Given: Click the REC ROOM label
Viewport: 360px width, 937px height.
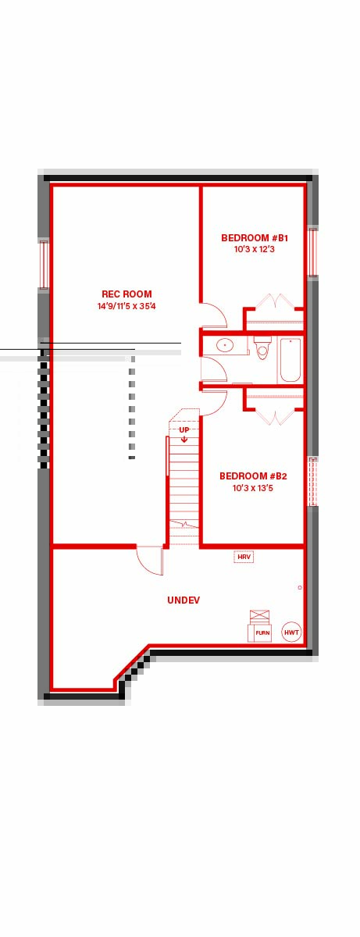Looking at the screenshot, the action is pyautogui.click(x=127, y=294).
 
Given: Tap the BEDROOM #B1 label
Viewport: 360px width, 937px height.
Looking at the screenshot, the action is pyautogui.click(x=255, y=238).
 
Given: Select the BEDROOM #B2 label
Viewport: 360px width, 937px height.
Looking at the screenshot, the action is pyautogui.click(x=253, y=476).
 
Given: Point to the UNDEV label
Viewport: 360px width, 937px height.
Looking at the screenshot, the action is pyautogui.click(x=184, y=600).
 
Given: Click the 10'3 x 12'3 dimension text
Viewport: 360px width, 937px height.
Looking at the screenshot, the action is pyautogui.click(x=255, y=250).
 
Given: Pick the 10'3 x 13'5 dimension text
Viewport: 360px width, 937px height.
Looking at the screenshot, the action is pyautogui.click(x=253, y=488).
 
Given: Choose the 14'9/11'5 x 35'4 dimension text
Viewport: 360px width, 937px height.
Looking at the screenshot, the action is pyautogui.click(x=127, y=306).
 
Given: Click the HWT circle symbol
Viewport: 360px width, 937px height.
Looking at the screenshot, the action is pyautogui.click(x=292, y=632).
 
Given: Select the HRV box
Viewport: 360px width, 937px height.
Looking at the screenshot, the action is pyautogui.click(x=244, y=558).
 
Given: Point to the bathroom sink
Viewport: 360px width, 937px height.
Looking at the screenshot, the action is pyautogui.click(x=225, y=345).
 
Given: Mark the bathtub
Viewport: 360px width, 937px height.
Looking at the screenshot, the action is pyautogui.click(x=290, y=360).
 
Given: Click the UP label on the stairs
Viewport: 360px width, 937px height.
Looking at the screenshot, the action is pyautogui.click(x=184, y=429).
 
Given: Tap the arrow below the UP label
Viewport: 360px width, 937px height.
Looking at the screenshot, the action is pyautogui.click(x=184, y=438).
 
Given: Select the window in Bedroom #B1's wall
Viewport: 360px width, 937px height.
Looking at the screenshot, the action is pyautogui.click(x=312, y=251).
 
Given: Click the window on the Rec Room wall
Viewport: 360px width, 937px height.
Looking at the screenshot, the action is pyautogui.click(x=45, y=264).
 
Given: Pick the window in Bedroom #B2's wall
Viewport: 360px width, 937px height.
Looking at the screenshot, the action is pyautogui.click(x=312, y=482).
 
